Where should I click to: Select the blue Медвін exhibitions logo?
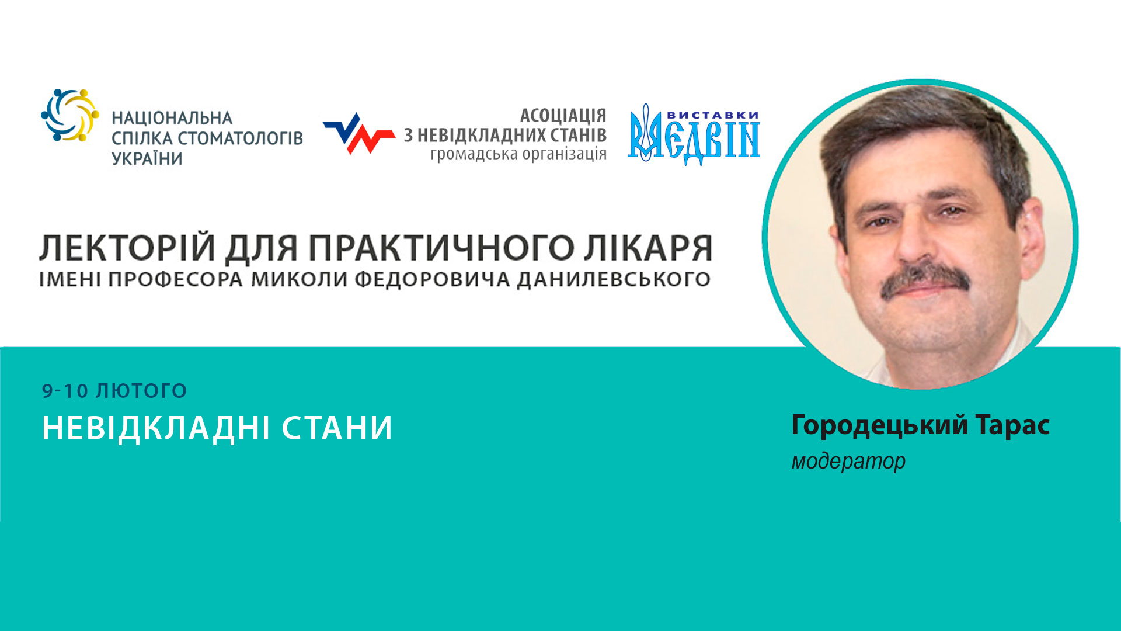tap(694, 135)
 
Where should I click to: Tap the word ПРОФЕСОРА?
tap(175, 280)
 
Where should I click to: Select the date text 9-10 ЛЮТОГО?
tap(114, 391)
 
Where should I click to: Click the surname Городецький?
tap(879, 425)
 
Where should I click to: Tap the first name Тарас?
tap(1012, 425)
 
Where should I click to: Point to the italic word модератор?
tap(848, 462)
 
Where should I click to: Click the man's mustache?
tap(925, 279)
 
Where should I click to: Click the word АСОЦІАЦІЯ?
tap(563, 115)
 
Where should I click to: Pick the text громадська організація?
tap(518, 154)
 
